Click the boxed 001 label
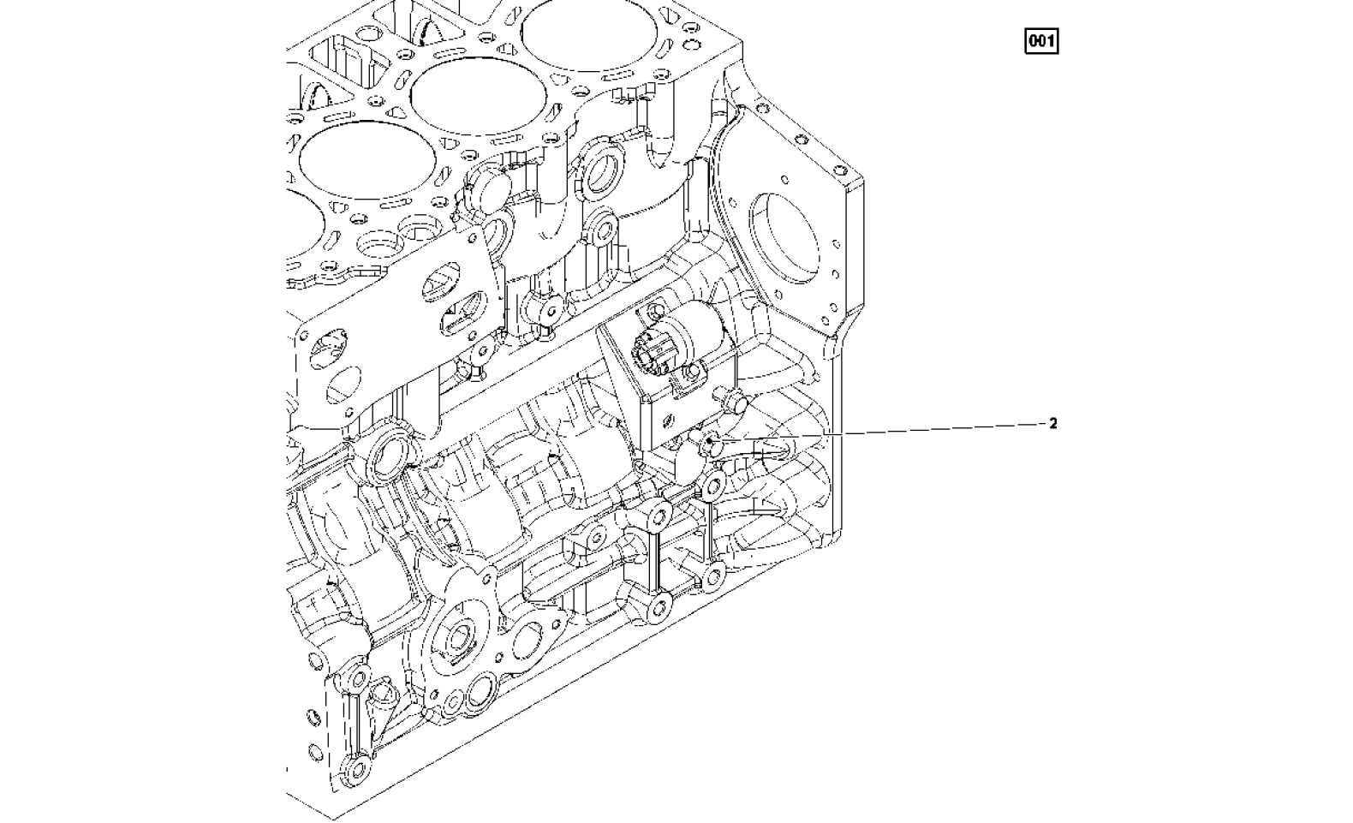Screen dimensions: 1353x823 (1041, 41)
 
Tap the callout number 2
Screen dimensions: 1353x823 (1053, 424)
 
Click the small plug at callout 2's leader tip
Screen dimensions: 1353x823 (708, 443)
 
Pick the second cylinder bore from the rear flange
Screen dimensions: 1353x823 (479, 98)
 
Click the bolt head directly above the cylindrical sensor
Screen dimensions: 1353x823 (653, 312)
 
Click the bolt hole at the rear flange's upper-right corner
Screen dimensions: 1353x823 (838, 167)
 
